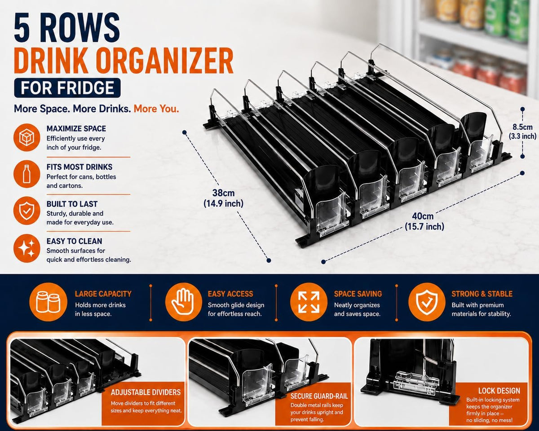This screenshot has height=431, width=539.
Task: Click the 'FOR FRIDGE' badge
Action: pyautogui.click(x=67, y=88)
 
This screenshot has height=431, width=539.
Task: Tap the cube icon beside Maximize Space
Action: pyautogui.click(x=27, y=137)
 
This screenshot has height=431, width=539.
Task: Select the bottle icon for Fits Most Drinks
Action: pyautogui.click(x=27, y=174)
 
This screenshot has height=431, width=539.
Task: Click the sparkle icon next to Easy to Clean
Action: pyautogui.click(x=27, y=248)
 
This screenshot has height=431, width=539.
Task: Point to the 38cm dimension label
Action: pyautogui.click(x=223, y=198)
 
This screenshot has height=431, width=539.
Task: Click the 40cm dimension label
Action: pyautogui.click(x=424, y=221)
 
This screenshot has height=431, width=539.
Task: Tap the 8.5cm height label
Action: pyautogui.click(x=522, y=132)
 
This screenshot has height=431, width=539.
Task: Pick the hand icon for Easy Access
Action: pyautogui.click(x=184, y=302)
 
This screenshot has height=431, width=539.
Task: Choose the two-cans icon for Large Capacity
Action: pyautogui.click(x=49, y=302)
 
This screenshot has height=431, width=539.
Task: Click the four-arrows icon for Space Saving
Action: pyautogui.click(x=309, y=302)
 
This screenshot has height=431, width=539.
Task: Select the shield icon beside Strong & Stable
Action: pyautogui.click(x=427, y=302)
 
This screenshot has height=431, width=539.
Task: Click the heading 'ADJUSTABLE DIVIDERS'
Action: pyautogui.click(x=146, y=392)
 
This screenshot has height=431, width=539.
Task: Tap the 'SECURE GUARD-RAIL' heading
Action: pyautogui.click(x=319, y=396)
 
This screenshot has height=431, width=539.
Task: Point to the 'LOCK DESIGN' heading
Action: pyautogui.click(x=499, y=391)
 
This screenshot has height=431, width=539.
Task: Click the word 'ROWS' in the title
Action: pyautogui.click(x=80, y=27)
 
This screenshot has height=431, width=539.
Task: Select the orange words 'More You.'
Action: pyautogui.click(x=156, y=109)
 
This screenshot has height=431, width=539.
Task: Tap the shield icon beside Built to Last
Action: pyautogui.click(x=27, y=211)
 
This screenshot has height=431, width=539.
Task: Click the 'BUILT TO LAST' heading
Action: pyautogui.click(x=72, y=204)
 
